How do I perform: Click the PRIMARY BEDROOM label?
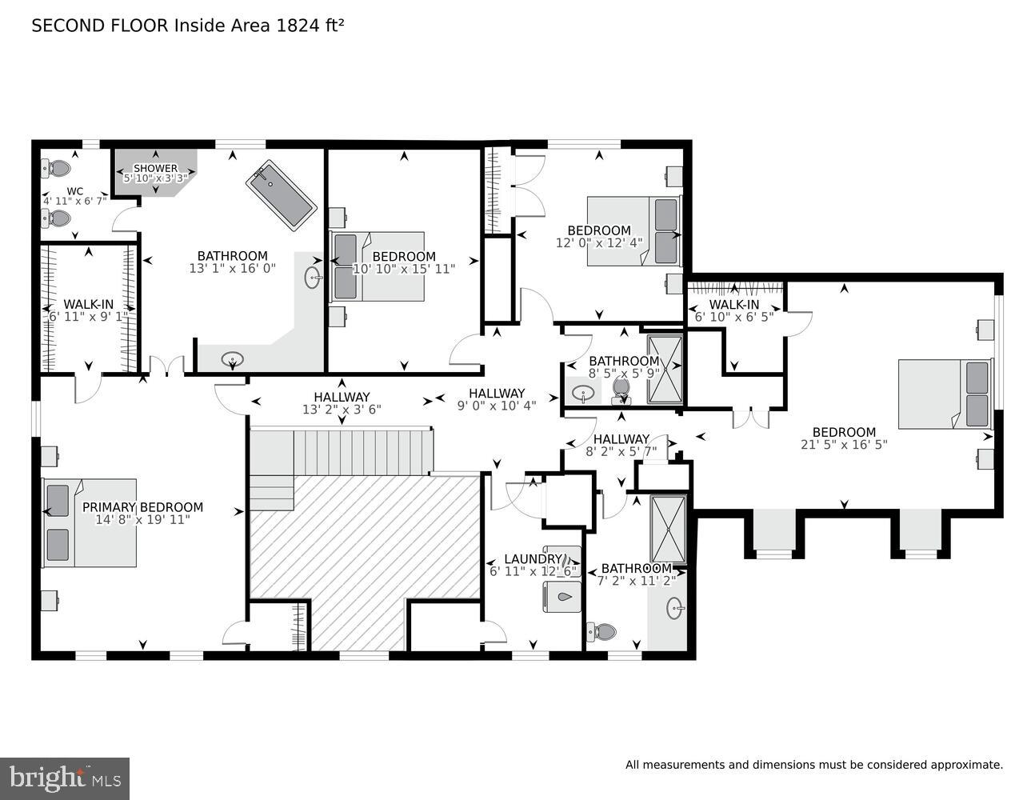(x=142, y=507)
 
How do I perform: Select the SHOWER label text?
(x=155, y=168)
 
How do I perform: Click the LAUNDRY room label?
(x=533, y=558)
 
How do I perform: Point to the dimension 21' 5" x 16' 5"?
(x=844, y=445)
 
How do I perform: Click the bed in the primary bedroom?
(x=89, y=523)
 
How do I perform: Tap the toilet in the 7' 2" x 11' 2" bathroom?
(x=601, y=632)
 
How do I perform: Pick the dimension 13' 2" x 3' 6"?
(x=342, y=410)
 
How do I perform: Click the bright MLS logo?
(x=65, y=778)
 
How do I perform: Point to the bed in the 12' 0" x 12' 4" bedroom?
(x=633, y=231)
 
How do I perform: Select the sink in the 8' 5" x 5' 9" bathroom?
(x=584, y=393)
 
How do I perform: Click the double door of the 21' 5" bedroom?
(x=751, y=418)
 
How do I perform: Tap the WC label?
(x=74, y=191)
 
